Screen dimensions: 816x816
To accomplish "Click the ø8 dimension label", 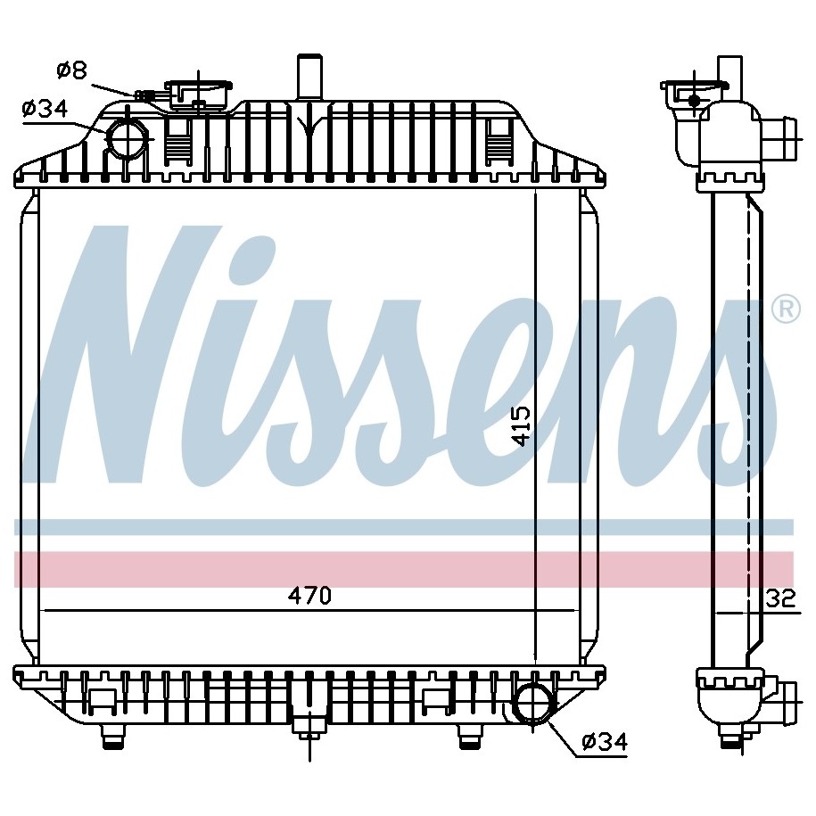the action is coord(72,70).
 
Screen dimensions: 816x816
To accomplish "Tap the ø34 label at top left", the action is coord(45,109).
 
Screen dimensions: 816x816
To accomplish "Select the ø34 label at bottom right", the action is coord(605,741).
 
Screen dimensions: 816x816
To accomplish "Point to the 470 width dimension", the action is coord(309,596).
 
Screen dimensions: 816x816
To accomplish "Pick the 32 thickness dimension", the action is coord(781,598).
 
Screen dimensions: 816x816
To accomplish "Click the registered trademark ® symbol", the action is coord(786,309).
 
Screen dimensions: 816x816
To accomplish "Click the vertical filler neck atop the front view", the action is coord(309,77).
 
